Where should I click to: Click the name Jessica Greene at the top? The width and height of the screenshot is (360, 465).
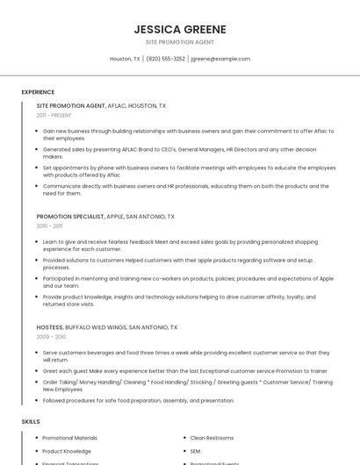click(x=180, y=29)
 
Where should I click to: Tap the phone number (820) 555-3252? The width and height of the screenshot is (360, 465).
click(x=166, y=59)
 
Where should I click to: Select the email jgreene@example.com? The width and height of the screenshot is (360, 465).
click(x=220, y=59)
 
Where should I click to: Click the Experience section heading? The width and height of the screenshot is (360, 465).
click(x=38, y=91)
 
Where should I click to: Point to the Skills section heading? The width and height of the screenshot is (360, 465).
click(x=31, y=421)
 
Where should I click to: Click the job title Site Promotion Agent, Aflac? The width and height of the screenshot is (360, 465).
click(x=101, y=105)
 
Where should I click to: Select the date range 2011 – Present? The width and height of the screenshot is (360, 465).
click(x=54, y=115)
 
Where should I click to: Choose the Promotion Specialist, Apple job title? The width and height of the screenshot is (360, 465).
click(x=105, y=216)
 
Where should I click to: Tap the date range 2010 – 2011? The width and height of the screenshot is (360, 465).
click(x=50, y=225)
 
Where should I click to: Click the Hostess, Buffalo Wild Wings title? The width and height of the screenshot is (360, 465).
click(x=101, y=326)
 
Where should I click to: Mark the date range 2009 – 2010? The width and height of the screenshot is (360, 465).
click(x=51, y=336)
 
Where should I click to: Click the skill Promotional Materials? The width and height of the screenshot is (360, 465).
click(x=70, y=437)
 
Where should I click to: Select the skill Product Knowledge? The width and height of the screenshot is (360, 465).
click(x=67, y=451)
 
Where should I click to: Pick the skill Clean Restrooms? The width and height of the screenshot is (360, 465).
click(x=212, y=437)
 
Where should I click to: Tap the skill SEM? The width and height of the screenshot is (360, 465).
click(x=196, y=451)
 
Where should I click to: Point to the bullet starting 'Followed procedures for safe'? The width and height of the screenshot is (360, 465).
click(x=139, y=400)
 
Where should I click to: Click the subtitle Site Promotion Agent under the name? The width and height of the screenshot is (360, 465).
click(x=180, y=42)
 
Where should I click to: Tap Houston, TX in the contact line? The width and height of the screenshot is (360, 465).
click(x=125, y=59)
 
